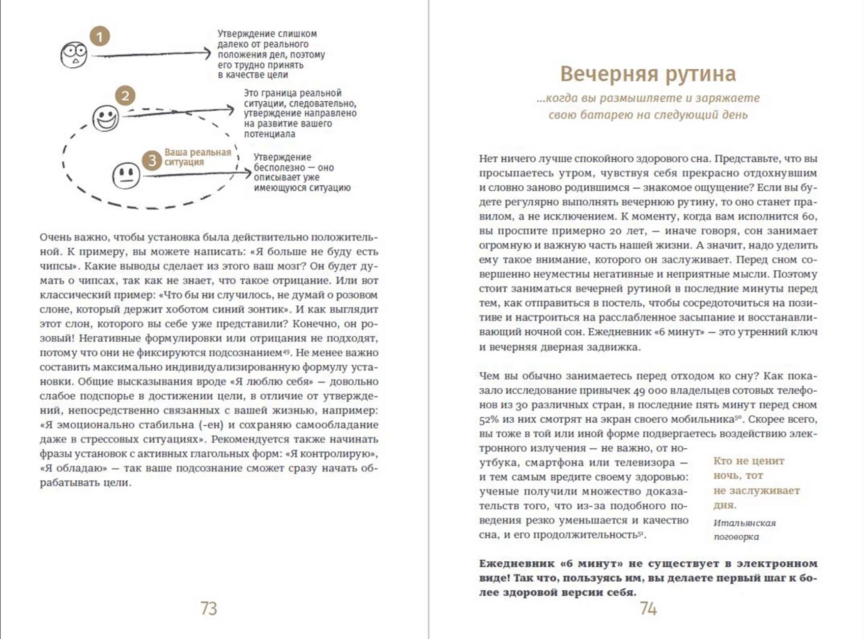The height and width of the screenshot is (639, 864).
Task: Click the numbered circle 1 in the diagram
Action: click(100, 37)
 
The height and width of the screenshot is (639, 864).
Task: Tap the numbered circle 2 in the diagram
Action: click(125, 96)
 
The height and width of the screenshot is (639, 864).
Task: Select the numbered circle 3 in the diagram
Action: click(152, 160)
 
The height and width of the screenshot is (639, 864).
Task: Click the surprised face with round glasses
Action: click(74, 55)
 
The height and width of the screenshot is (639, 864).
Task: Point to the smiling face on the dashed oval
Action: click(106, 118)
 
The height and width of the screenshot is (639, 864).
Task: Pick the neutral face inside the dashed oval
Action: click(126, 175)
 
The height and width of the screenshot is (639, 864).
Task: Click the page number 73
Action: click(209, 609)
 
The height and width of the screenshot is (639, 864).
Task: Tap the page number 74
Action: click(648, 609)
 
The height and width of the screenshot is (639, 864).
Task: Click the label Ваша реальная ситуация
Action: click(198, 157)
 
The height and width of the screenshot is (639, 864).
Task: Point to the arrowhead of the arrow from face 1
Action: click(209, 54)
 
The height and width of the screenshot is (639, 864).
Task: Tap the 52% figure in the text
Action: click(489, 420)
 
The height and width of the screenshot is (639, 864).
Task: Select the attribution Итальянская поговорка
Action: click(744, 530)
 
